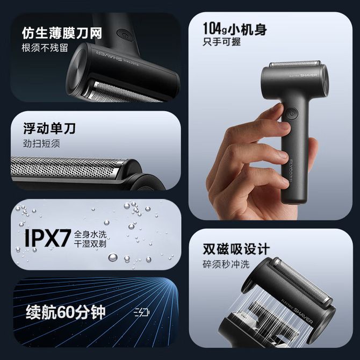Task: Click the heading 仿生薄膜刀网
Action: click(62, 33)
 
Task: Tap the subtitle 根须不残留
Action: click(45, 48)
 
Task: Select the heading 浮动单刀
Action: click(49, 128)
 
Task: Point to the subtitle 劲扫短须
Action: click(41, 143)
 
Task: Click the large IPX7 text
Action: click(47, 238)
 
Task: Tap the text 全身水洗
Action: click(90, 234)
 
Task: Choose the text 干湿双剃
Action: click(90, 243)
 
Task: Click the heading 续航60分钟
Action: click(66, 312)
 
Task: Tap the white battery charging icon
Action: click(142, 313)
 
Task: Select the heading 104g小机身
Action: click(235, 29)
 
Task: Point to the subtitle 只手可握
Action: click(221, 42)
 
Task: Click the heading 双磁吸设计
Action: click(236, 249)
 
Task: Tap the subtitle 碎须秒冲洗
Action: click(226, 264)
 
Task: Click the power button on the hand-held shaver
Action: click(292, 114)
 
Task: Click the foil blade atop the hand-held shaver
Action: click(295, 64)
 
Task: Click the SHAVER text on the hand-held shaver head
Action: click(308, 75)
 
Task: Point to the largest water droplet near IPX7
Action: click(113, 257)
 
